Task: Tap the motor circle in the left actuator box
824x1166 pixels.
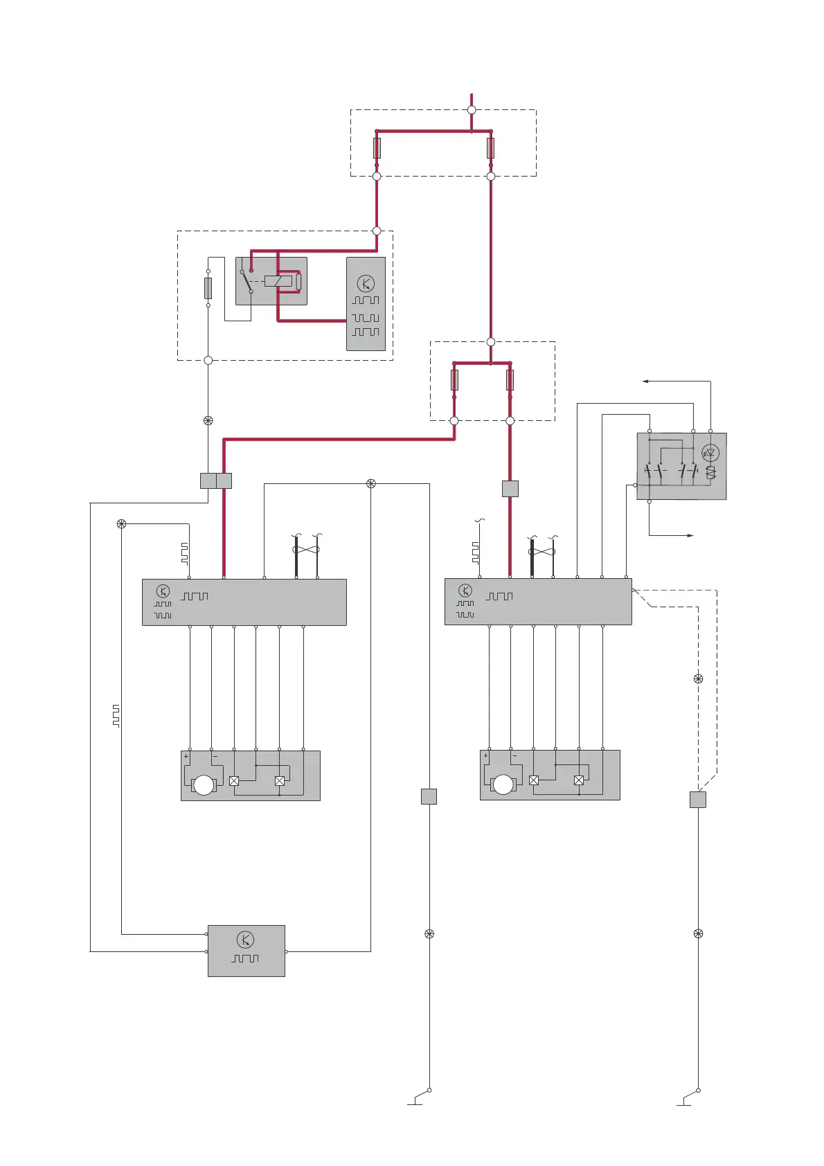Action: tap(204, 785)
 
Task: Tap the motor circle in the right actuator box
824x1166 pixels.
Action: tap(503, 784)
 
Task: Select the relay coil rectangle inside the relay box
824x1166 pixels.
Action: tap(278, 281)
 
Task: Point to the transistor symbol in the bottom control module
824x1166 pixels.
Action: tap(245, 940)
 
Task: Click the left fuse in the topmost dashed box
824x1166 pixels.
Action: tap(377, 147)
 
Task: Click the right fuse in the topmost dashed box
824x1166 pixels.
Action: tap(491, 147)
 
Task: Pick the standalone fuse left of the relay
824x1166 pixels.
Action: tap(208, 288)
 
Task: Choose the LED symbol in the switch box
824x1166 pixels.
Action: tap(710, 454)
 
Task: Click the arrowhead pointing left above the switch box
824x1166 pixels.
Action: tap(645, 381)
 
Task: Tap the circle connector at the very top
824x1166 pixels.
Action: tap(472, 110)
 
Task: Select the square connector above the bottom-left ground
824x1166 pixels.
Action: tap(429, 796)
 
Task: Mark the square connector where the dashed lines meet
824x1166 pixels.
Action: tap(698, 800)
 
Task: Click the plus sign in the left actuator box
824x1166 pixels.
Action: tap(186, 757)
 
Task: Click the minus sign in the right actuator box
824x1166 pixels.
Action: tap(514, 756)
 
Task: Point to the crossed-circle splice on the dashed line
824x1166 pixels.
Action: tap(698, 679)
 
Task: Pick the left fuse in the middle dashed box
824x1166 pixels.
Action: tap(454, 379)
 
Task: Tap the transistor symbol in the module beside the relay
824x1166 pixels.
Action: tap(366, 282)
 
